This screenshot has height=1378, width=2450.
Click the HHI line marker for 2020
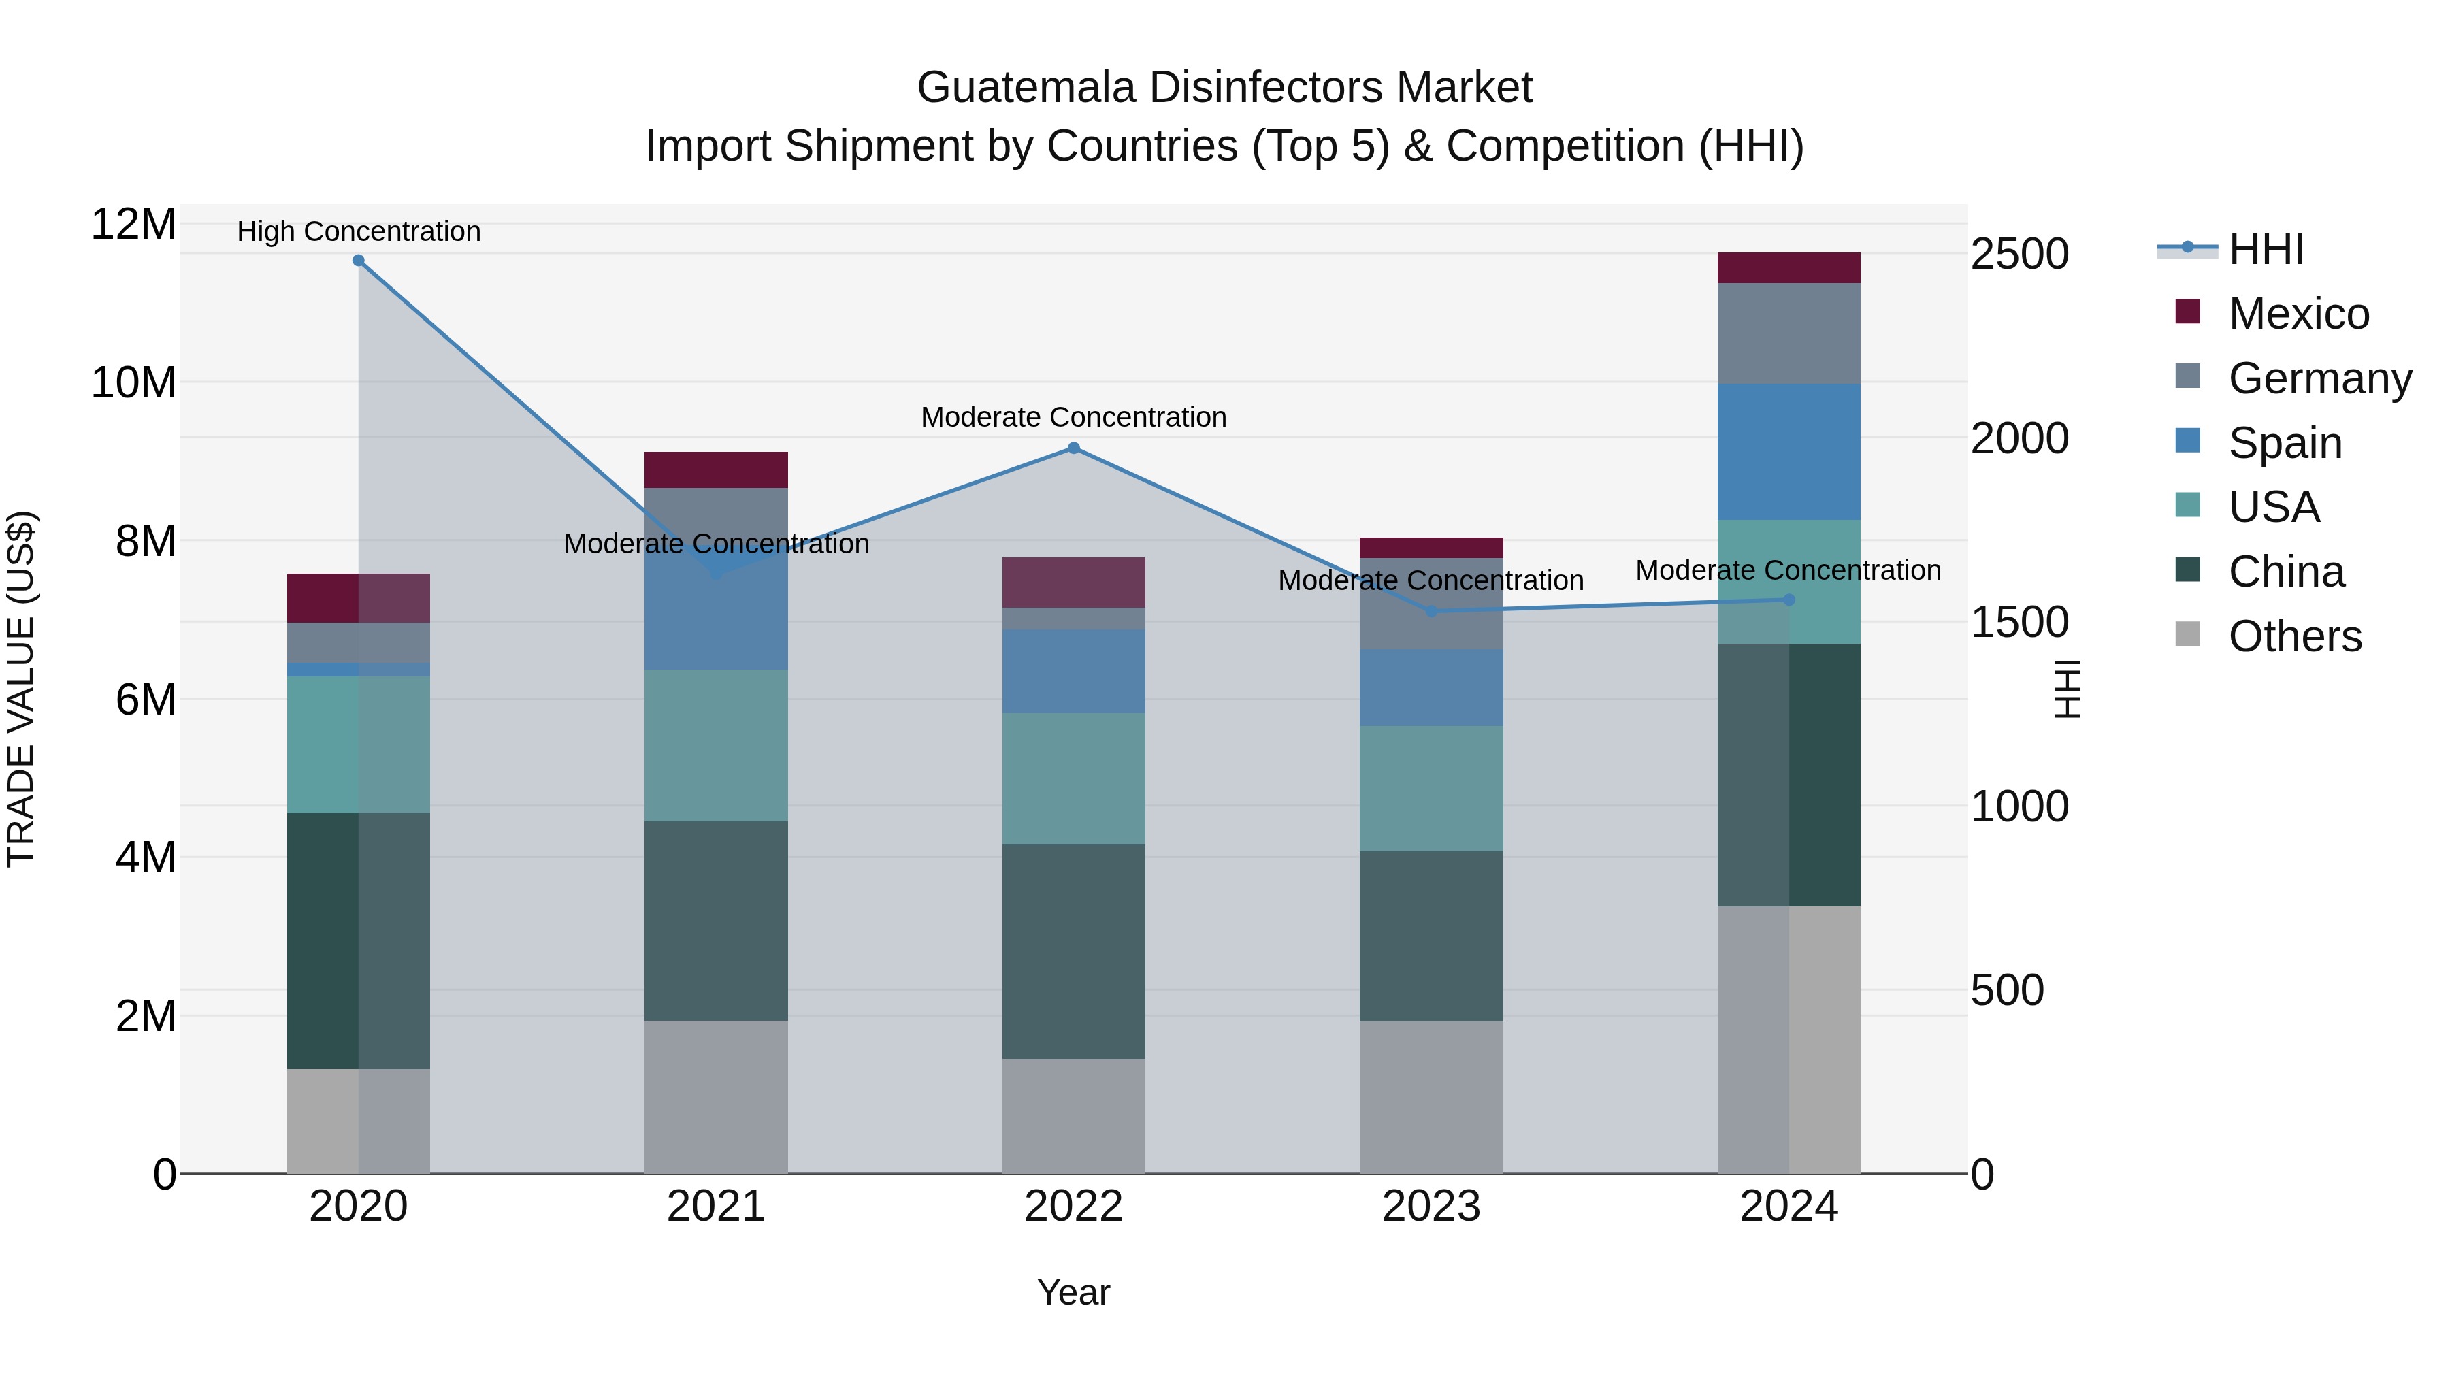[x=359, y=261]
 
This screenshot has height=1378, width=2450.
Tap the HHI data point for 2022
[x=1074, y=448]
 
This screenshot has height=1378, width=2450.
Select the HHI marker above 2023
[x=1431, y=612]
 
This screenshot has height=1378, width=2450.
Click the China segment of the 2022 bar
[x=1074, y=951]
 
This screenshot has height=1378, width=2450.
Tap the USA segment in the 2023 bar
[x=1431, y=789]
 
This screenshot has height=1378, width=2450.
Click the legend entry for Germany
[x=2319, y=378]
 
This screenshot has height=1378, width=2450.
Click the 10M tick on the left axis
[x=133, y=382]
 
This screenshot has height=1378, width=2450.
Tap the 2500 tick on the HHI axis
[x=2019, y=255]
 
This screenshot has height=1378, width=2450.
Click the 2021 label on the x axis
[x=716, y=1207]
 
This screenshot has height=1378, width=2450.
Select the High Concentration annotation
[x=359, y=231]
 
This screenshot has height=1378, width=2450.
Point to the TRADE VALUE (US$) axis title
[x=21, y=689]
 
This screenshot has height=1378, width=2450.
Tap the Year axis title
[x=1074, y=1292]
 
